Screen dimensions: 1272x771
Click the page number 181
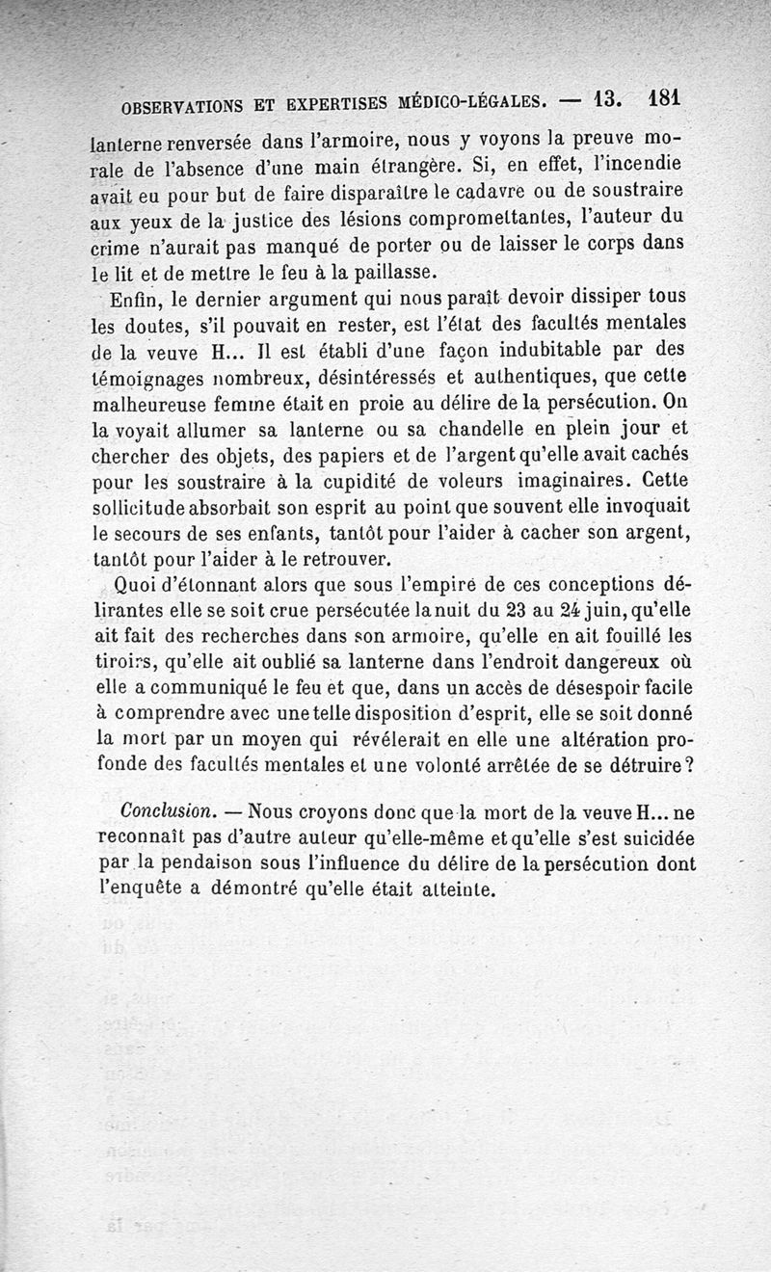665,98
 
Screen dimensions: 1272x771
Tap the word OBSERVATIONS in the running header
179,105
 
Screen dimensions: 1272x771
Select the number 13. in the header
610,99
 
